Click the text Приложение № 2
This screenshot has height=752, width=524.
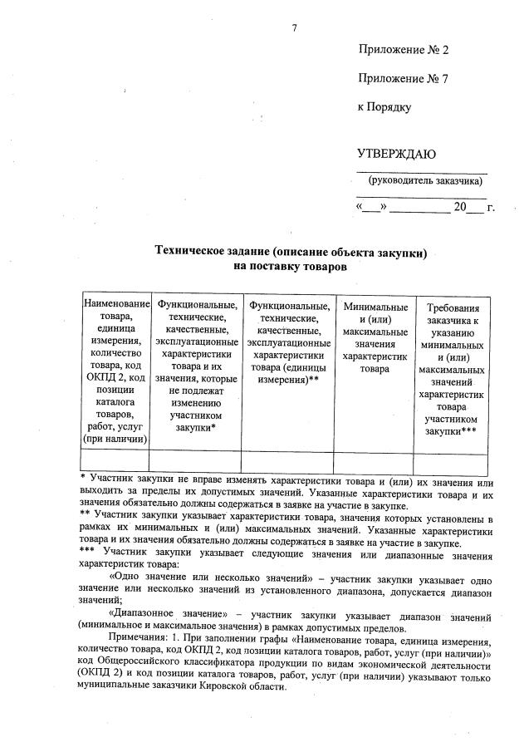pos(403,50)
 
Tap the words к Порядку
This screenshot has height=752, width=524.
pos(384,107)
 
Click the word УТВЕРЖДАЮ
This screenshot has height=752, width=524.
pos(396,154)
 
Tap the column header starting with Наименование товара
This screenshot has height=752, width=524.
pos(115,370)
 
